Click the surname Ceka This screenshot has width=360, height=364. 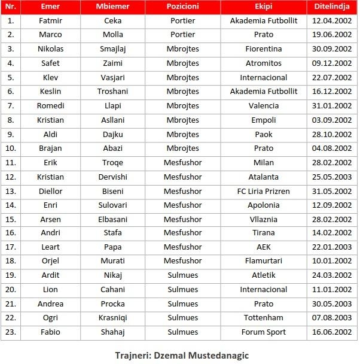[112, 20]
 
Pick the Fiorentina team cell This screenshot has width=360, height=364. [263, 48]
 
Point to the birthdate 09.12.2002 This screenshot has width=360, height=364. [332, 63]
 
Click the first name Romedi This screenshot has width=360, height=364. [50, 105]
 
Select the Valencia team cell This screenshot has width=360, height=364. [263, 105]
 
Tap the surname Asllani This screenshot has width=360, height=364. [112, 120]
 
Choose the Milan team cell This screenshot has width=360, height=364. [263, 162]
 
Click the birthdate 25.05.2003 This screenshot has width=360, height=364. [332, 177]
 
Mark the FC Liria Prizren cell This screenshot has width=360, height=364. [263, 191]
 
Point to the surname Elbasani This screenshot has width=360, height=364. [112, 219]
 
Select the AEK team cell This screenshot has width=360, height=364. [263, 247]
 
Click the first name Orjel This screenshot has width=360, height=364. [50, 261]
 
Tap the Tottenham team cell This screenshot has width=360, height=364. [263, 318]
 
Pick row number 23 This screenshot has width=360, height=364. [11, 332]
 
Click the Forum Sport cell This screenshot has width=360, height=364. [263, 332]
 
